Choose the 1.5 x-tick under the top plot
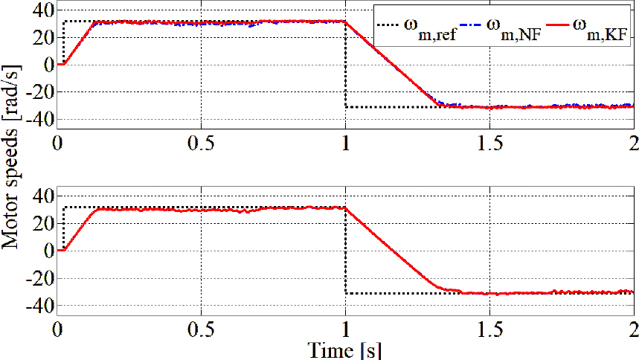tap(489, 143)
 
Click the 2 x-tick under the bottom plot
tap(633, 329)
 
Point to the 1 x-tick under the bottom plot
tap(345, 329)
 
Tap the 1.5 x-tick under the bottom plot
tap(489, 329)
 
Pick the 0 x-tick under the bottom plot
tap(57, 329)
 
